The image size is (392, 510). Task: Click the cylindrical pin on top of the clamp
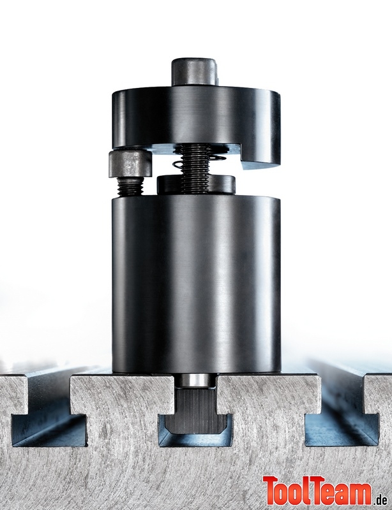click(x=195, y=72)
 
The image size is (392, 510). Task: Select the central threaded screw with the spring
click(x=195, y=168)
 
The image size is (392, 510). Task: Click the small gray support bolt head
click(x=130, y=164)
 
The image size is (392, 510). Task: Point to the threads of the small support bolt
click(x=130, y=186)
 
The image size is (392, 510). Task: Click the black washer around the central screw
click(x=196, y=185)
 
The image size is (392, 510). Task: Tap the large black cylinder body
click(x=196, y=284)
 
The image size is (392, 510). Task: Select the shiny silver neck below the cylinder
click(x=195, y=380)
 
